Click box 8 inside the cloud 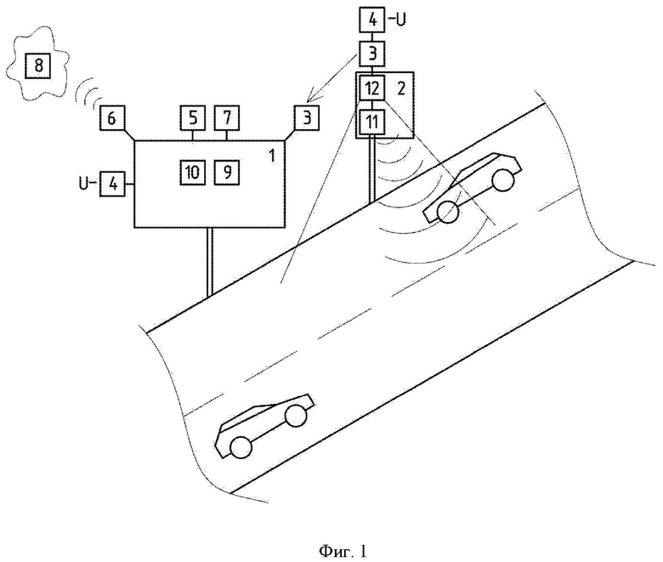coord(38,65)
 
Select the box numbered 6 coord(112,117)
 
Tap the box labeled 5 coord(193,117)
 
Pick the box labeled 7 coord(227,117)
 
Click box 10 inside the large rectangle coord(193,172)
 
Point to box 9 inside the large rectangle coord(227,172)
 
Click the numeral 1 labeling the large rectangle coord(272,156)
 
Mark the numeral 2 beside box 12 coord(401,88)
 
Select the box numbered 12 coord(372,88)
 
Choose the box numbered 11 coord(372,122)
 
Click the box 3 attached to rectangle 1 coord(307,117)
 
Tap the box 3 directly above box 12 coord(372,54)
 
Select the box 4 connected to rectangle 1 coord(112,184)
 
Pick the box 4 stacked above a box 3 coord(372,20)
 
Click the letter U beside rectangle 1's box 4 coord(84,184)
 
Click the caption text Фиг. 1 coord(343,551)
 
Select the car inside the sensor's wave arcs coord(473,187)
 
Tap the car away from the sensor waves coord(265,426)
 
